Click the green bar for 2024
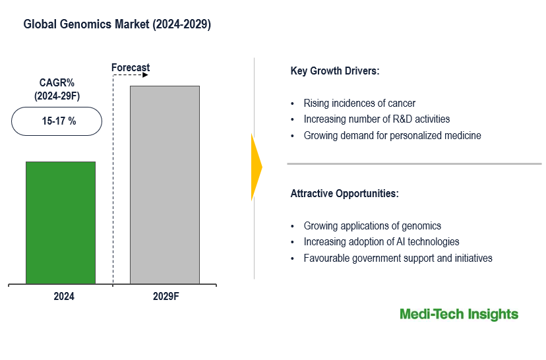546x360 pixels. point(61,223)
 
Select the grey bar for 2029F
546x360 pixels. point(165,185)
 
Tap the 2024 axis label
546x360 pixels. point(64,297)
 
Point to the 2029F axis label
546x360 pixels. point(166,297)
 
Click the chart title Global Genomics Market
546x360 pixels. point(117,24)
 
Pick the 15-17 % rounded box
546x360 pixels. point(57,121)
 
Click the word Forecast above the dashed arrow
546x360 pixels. point(131,67)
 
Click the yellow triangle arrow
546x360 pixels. point(257,167)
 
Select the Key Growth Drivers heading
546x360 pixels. point(335,71)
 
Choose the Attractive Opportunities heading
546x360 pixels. point(344,194)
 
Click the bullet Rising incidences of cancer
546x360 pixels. point(359,103)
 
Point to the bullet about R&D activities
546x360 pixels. point(377,119)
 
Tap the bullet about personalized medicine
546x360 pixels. point(392,136)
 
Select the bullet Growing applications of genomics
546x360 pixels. point(373,225)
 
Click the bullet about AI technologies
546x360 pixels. point(381,242)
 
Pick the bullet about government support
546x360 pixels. point(398,258)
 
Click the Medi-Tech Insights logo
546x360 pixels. point(459,315)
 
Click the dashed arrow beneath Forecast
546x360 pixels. point(131,75)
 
